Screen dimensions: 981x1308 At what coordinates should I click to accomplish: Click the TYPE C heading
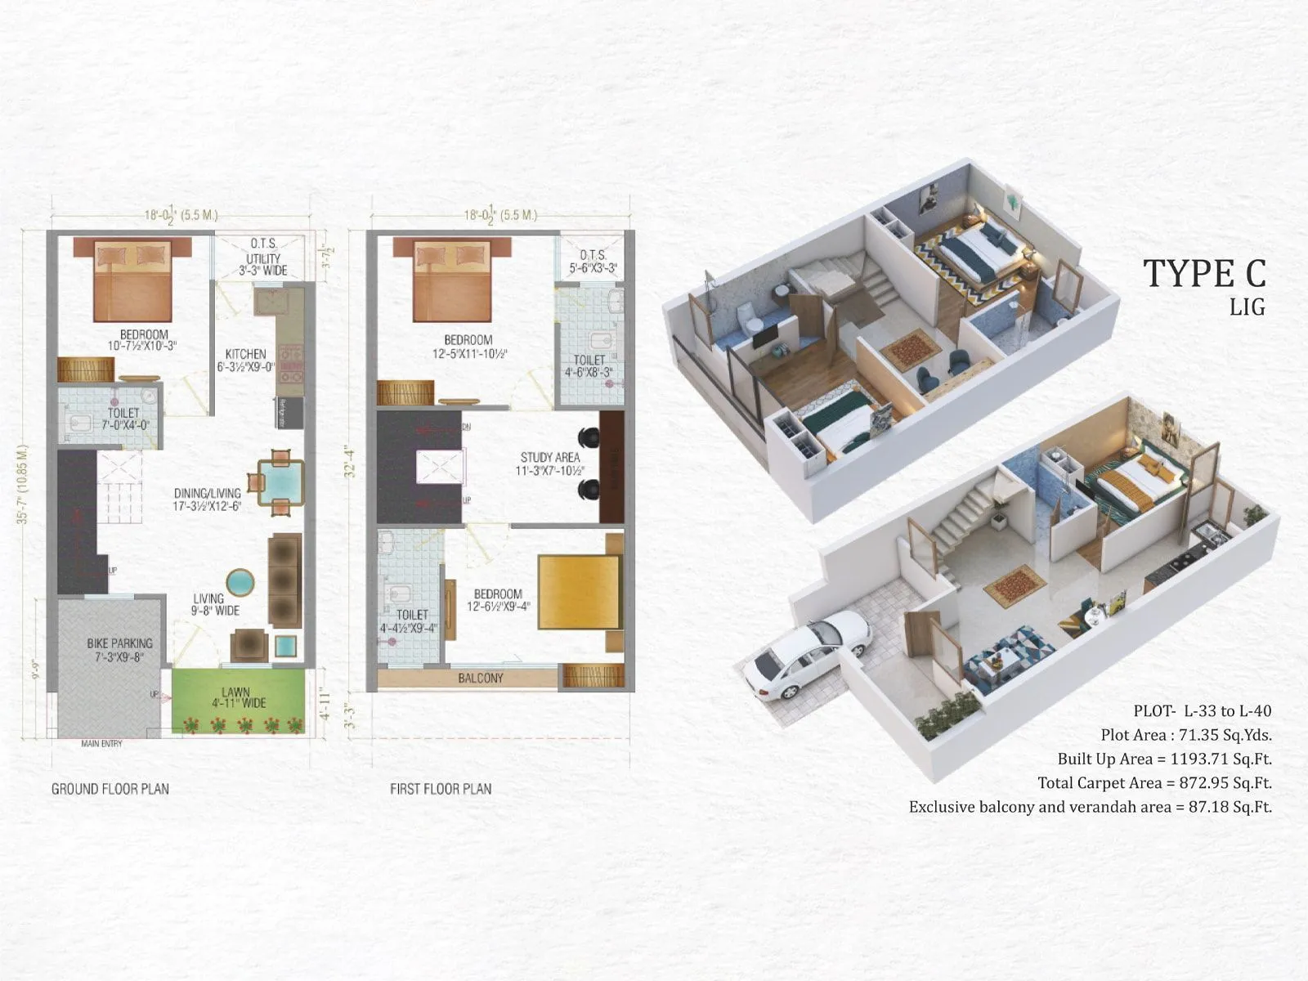pyautogui.click(x=1204, y=273)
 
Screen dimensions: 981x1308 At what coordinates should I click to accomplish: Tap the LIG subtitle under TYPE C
pyautogui.click(x=1248, y=307)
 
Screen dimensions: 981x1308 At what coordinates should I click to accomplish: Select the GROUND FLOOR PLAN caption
pyautogui.click(x=110, y=789)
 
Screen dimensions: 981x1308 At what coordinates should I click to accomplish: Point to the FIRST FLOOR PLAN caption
pyautogui.click(x=441, y=789)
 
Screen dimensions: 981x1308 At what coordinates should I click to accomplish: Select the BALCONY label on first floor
pyautogui.click(x=481, y=678)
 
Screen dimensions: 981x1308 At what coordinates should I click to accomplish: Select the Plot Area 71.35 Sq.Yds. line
pyautogui.click(x=1185, y=735)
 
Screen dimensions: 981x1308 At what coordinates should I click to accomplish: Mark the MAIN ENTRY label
pyautogui.click(x=101, y=744)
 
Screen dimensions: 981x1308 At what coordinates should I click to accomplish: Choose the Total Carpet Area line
pyautogui.click(x=1154, y=782)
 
